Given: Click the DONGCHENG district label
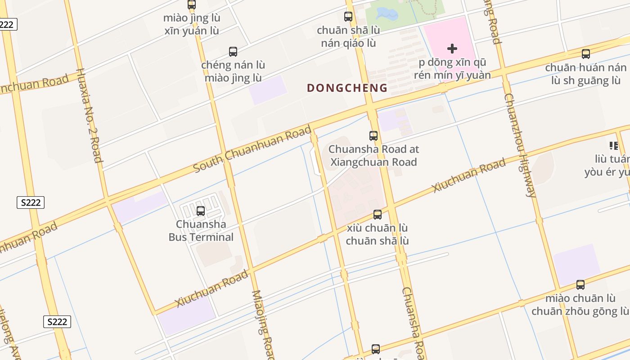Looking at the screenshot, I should tap(347, 88).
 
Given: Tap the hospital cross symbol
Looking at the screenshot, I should tap(452, 48).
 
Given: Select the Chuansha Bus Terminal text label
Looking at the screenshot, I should tap(201, 230).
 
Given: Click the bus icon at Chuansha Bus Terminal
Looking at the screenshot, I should tap(201, 211).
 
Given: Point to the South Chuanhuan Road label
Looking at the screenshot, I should tap(252, 149).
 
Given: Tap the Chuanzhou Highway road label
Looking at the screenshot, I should tap(520, 145).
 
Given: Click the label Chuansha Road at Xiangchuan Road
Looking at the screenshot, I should tap(373, 155).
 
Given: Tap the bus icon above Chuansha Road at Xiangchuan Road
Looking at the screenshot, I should tap(373, 135).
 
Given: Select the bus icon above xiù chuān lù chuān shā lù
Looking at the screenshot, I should tap(378, 215).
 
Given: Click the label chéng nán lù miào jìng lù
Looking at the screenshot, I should tap(233, 71).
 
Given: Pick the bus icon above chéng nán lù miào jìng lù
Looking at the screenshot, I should tap(233, 52).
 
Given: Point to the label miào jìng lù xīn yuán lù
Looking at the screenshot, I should tap(192, 24).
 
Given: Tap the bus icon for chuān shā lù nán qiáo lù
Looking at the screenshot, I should tap(348, 17).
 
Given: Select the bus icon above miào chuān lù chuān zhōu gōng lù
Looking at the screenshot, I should tap(580, 285).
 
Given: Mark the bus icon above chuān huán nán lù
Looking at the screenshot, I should tap(586, 54).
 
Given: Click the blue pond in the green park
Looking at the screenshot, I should tap(387, 14).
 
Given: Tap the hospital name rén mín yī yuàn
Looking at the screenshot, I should tap(452, 75).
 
